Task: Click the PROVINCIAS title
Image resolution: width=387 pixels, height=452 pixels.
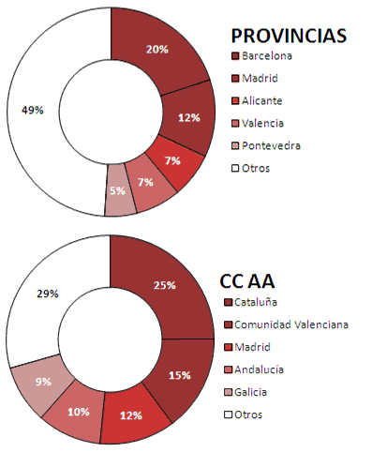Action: [x=289, y=36]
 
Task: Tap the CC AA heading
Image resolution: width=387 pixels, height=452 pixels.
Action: [x=247, y=280]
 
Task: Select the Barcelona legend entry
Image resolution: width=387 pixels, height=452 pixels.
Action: [x=261, y=56]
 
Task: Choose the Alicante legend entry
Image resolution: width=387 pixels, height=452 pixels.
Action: [x=257, y=100]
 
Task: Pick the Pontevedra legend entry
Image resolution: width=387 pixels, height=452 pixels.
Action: [x=266, y=145]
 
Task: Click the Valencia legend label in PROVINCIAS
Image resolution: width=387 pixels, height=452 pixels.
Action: [x=262, y=123]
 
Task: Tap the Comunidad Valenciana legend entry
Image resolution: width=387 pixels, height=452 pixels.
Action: [x=286, y=324]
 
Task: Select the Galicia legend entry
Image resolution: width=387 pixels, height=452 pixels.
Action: [x=246, y=392]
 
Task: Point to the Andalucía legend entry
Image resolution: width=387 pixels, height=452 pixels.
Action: [x=254, y=369]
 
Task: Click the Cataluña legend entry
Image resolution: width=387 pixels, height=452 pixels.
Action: [x=250, y=302]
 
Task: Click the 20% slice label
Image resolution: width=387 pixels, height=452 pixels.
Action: [x=157, y=49]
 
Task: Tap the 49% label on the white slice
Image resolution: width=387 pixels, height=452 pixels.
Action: [x=33, y=110]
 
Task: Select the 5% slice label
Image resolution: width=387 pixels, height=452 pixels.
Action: [x=117, y=190]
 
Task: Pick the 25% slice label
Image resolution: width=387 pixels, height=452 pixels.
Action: [x=165, y=285]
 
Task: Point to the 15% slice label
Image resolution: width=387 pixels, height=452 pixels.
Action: [x=180, y=375]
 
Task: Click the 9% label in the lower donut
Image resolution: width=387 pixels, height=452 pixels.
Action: [x=43, y=382]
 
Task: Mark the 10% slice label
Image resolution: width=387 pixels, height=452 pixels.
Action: [x=79, y=412]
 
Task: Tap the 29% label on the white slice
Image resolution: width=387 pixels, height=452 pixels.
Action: [x=48, y=294]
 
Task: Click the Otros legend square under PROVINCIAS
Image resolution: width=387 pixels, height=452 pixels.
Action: [x=235, y=169]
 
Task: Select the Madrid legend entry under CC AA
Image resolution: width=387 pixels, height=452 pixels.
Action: [x=247, y=347]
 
